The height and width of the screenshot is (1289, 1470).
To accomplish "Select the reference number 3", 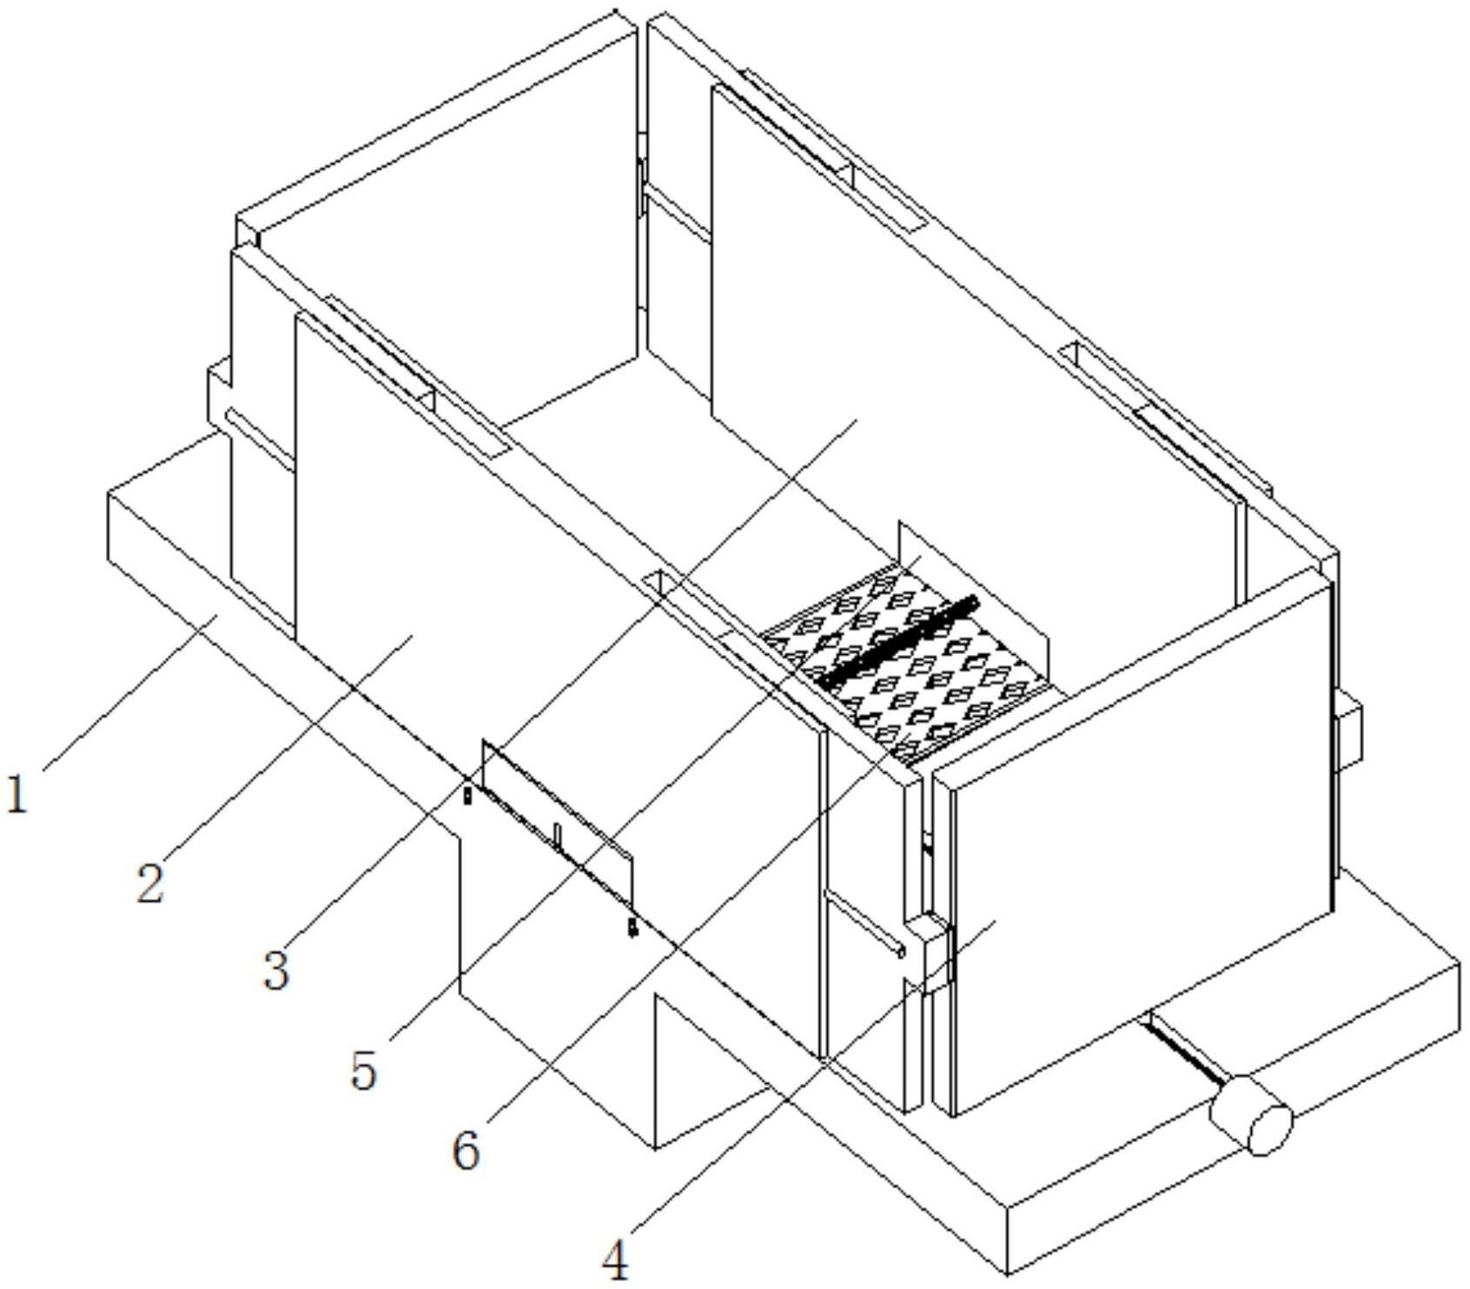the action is pos(275,970).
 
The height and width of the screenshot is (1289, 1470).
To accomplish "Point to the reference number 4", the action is pos(615,1261).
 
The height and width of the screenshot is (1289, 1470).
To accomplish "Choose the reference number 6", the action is pos(466,1152).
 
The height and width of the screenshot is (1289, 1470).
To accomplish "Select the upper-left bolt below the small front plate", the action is pos(467,794).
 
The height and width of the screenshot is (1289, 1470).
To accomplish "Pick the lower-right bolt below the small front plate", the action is pos(632,929).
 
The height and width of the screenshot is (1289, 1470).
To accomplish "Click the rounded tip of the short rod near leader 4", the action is pos(901,952).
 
